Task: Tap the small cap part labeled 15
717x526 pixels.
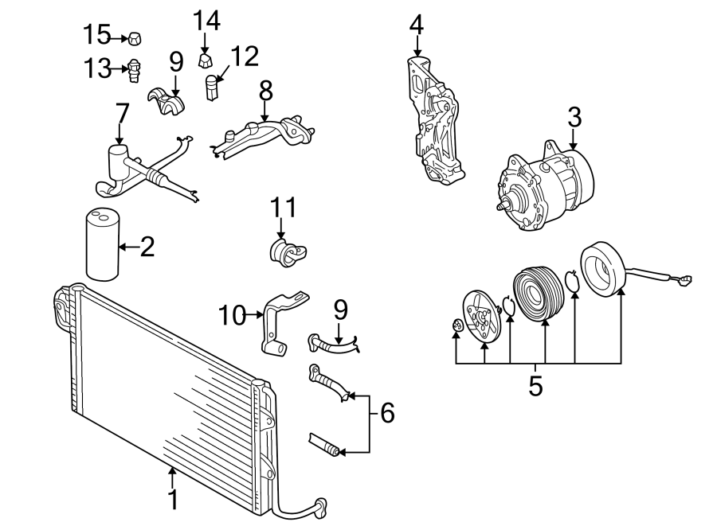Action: (135, 37)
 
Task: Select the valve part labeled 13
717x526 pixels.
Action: (135, 70)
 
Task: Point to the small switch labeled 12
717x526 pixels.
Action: (213, 87)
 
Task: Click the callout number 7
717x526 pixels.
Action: (121, 114)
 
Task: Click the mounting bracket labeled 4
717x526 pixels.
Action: (432, 119)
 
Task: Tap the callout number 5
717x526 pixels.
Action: (535, 387)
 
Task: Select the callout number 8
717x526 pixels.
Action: (265, 91)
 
